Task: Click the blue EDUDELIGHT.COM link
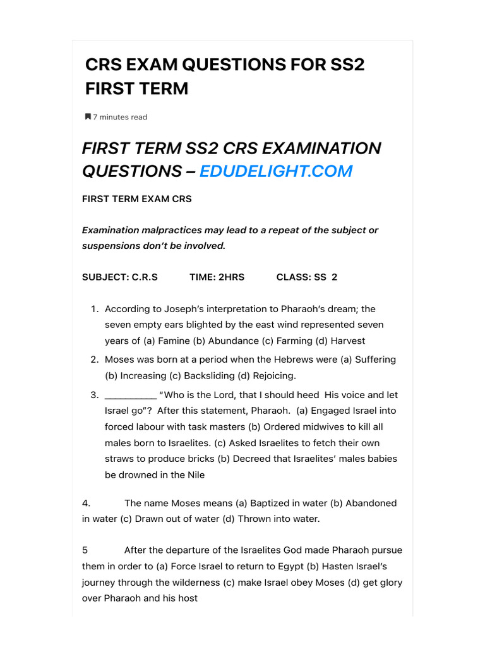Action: click(276, 171)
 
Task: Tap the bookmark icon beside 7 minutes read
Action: click(88, 117)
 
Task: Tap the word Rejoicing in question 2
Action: click(273, 375)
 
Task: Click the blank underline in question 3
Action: click(130, 396)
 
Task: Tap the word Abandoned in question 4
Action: click(371, 503)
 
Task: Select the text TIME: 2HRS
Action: click(217, 277)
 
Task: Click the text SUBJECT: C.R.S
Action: click(120, 277)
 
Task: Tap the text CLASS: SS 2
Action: click(307, 277)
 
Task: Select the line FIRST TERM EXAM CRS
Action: click(137, 198)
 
